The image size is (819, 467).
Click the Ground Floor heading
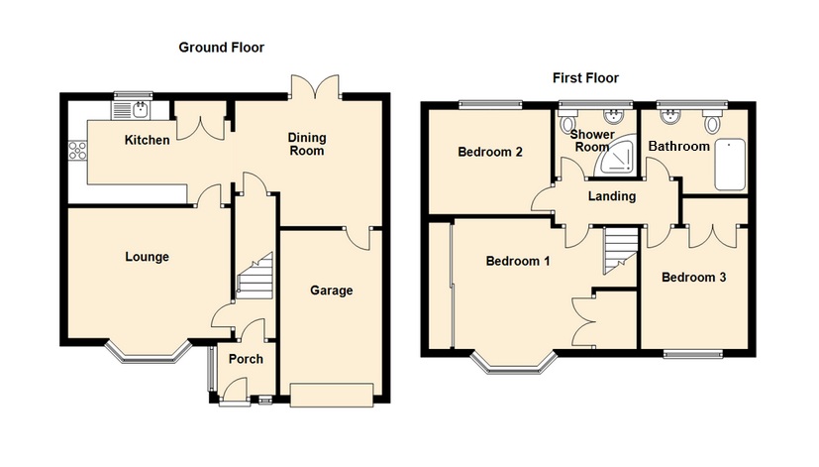tap(221, 47)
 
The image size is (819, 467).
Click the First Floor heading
tap(584, 77)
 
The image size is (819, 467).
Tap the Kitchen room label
tap(147, 140)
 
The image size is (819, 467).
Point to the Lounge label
tap(147, 257)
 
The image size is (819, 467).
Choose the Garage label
tap(331, 291)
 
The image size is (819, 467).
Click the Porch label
tap(247, 359)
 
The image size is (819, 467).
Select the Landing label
tap(611, 196)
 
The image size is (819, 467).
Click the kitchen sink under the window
tap(131, 107)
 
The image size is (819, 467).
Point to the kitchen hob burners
tap(75, 152)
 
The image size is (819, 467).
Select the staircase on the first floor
tap(618, 247)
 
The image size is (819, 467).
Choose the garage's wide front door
tap(332, 394)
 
